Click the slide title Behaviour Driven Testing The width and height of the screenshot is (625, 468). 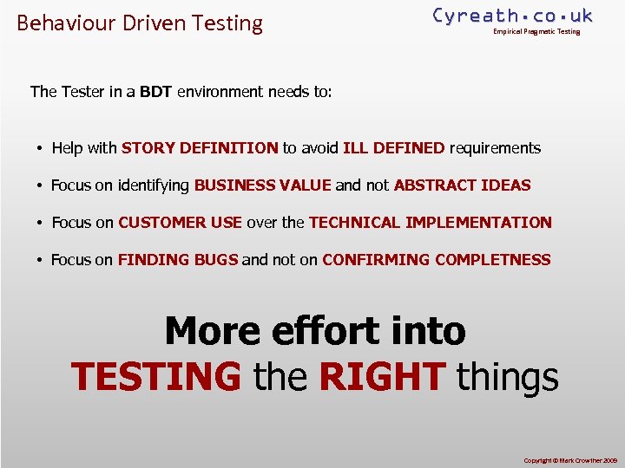coord(140,23)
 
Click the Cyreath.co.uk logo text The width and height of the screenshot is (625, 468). coord(512,16)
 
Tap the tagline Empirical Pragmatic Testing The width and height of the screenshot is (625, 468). coord(536,32)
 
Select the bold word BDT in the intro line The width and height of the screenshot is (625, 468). coord(156,91)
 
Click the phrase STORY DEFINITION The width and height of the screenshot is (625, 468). coord(200,148)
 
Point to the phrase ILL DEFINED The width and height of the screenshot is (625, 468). coord(394,148)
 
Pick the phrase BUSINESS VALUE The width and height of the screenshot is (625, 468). coord(262,185)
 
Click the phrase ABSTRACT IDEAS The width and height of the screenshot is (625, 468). coord(462,185)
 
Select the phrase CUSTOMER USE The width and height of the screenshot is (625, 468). coord(180,223)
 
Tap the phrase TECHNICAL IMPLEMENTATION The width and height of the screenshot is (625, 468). coord(430,223)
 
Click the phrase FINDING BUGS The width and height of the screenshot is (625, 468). coord(177,260)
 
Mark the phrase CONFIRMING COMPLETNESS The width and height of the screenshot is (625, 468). coord(436,260)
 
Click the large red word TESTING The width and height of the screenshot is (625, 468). coord(156,377)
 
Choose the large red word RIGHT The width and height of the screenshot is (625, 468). coord(383,377)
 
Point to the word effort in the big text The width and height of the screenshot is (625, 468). coord(313,331)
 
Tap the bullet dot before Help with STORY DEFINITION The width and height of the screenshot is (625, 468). coord(40,149)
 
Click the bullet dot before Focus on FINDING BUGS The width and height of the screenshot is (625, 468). coord(40,261)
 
